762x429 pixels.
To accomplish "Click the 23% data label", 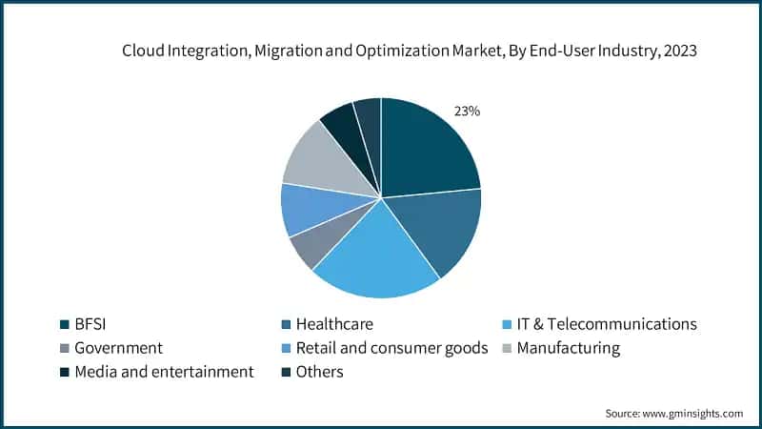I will pyautogui.click(x=467, y=112).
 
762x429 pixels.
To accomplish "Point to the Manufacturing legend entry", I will pyautogui.click(x=571, y=348).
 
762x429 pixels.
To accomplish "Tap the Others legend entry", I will pyautogui.click(x=325, y=372).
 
